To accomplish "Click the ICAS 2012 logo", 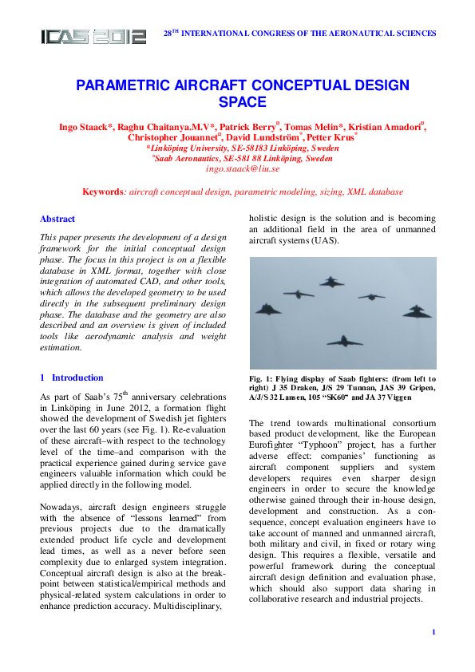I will point(93,36).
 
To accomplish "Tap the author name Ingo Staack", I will point(85,127).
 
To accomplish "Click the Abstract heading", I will point(57,219).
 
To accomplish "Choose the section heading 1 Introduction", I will point(72,378).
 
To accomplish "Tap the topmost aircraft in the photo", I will point(331,281).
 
